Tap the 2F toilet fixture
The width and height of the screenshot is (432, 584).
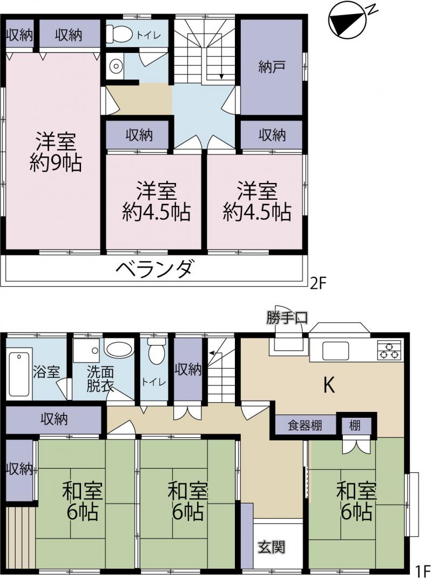click(119, 34)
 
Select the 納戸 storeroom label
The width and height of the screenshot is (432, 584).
click(272, 67)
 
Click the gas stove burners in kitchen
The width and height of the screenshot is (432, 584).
click(389, 350)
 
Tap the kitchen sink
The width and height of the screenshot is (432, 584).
click(335, 351)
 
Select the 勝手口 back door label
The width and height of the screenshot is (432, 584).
click(287, 318)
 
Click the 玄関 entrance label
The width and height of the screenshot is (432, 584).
click(272, 547)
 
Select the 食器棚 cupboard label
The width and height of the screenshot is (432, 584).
click(305, 425)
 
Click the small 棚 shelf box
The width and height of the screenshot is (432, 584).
click(355, 425)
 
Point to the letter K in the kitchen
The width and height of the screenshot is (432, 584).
click(329, 385)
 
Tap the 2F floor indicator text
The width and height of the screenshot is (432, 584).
click(319, 284)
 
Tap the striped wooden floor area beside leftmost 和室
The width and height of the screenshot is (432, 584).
click(21, 538)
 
